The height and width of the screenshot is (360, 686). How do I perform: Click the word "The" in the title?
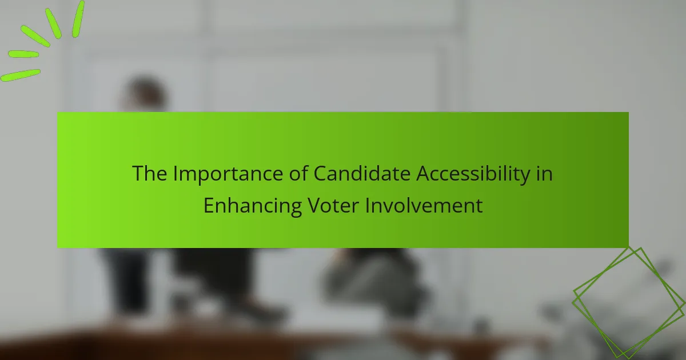[x=149, y=174]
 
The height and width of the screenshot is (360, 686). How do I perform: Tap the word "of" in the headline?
[x=298, y=173]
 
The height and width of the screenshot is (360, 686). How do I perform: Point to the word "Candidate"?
[x=362, y=173]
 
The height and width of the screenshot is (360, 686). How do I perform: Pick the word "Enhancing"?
[x=253, y=207]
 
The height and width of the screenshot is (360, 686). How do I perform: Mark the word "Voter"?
[x=333, y=205]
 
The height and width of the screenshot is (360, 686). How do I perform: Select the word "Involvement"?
[x=424, y=205]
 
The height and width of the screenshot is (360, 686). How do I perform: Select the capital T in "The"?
[x=138, y=174]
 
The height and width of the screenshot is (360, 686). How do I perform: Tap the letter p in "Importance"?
[x=204, y=178]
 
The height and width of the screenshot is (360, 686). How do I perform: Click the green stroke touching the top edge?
[x=78, y=19]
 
